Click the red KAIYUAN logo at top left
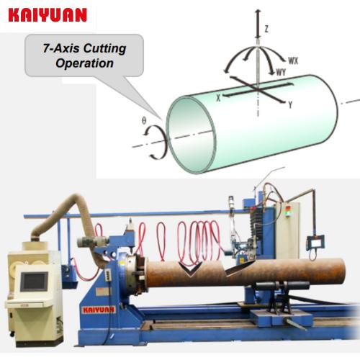[x=48, y=15]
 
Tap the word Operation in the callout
[x=84, y=63]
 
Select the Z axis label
[x=266, y=29]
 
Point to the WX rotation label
[x=293, y=60]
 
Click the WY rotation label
[x=281, y=72]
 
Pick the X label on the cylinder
[x=218, y=97]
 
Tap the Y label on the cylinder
[x=290, y=104]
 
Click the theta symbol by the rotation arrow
[x=144, y=121]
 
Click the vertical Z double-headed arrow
[x=258, y=24]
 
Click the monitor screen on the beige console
[x=34, y=282]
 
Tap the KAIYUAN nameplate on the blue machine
[x=99, y=310]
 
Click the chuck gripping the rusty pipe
[x=135, y=274]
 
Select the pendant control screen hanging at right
[x=315, y=243]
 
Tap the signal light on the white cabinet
[x=287, y=210]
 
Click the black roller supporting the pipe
[x=282, y=286]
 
